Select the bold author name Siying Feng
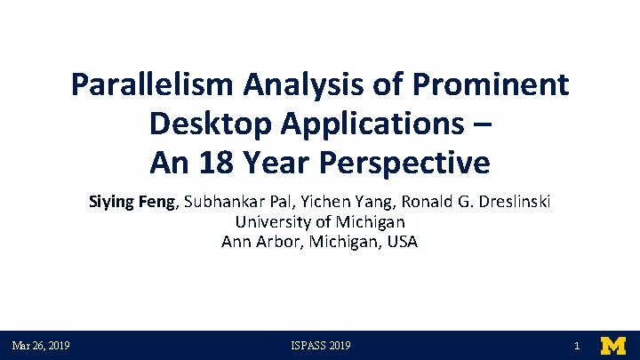click(x=134, y=202)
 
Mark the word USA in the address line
click(x=402, y=241)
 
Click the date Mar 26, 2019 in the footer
click(x=41, y=346)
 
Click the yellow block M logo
click(x=613, y=346)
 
